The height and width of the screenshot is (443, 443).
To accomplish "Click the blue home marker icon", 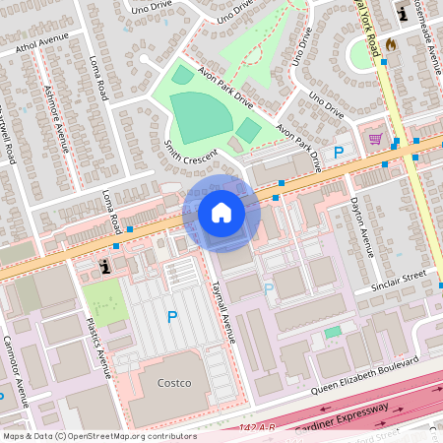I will (221, 213).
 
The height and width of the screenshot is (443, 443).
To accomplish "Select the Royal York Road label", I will (370, 30).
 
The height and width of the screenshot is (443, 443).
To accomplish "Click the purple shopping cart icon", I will (375, 138).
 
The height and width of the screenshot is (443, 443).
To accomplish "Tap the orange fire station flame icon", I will (390, 44).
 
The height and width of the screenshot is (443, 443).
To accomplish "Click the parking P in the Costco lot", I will (172, 317).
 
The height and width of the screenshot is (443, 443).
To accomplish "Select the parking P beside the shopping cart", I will (339, 153).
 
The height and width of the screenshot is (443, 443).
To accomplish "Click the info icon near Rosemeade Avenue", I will (402, 13).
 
